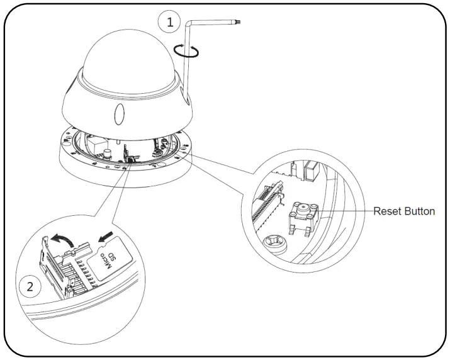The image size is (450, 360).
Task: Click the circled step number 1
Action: click(x=168, y=23)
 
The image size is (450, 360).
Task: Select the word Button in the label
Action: click(x=420, y=211)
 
